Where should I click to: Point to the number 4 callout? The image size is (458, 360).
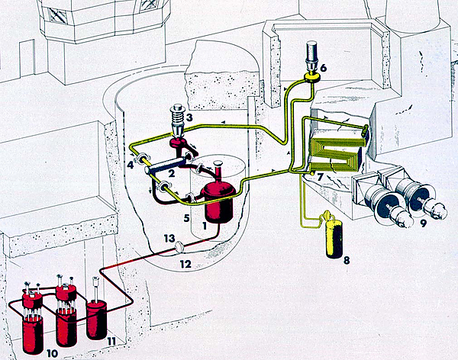(x=131, y=163)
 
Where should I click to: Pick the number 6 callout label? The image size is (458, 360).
(x=323, y=67)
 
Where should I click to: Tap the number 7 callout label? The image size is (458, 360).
(x=321, y=177)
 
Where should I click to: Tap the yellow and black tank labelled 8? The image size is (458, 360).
(x=332, y=236)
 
